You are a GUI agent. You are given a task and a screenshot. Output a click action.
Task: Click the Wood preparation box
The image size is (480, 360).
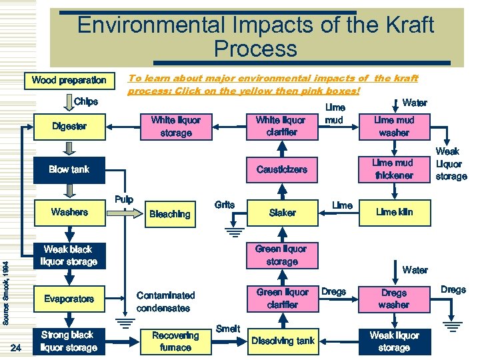point(69,81)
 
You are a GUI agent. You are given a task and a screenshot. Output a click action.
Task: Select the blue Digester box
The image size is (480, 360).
point(69,126)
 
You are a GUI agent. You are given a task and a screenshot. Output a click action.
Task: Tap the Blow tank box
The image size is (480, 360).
point(69,169)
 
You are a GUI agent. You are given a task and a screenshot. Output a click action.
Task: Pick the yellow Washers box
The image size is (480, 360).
point(69,212)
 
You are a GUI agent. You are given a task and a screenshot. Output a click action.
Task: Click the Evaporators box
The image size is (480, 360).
point(69,299)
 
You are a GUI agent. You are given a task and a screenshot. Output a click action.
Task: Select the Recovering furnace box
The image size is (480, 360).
point(175,341)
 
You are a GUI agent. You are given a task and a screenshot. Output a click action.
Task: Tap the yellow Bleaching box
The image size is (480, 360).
point(169,214)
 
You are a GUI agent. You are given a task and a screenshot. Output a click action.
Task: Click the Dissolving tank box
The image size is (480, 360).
point(283,341)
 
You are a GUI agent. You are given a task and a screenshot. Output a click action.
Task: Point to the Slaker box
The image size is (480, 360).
point(282,212)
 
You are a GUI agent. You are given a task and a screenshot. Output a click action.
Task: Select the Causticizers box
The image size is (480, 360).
point(282,169)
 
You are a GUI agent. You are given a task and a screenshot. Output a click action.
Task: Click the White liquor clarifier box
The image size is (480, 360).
point(281,126)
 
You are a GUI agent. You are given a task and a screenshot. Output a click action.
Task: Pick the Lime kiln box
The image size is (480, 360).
point(394,212)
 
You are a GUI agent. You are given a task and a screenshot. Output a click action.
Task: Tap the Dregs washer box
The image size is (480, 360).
point(393,299)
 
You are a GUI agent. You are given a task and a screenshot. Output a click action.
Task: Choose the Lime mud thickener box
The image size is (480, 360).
point(393,169)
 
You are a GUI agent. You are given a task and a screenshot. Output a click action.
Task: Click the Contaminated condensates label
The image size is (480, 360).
point(165,301)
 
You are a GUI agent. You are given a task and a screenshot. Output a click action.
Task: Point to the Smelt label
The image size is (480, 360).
point(228,329)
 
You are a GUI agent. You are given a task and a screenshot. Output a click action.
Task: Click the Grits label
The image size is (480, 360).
point(225,205)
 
